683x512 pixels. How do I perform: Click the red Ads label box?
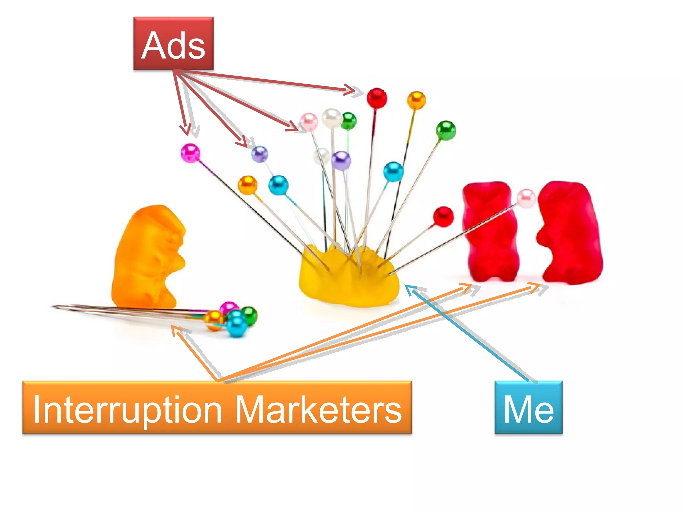click(173, 44)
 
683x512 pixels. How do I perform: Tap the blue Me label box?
click(529, 407)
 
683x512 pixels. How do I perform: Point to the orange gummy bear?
click(148, 257)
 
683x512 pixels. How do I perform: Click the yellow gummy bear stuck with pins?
click(349, 280)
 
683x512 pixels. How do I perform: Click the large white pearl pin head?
click(332, 118)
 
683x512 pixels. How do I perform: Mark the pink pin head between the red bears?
click(526, 198)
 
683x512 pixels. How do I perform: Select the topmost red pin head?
click(377, 98)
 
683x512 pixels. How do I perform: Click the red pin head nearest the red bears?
click(443, 216)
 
